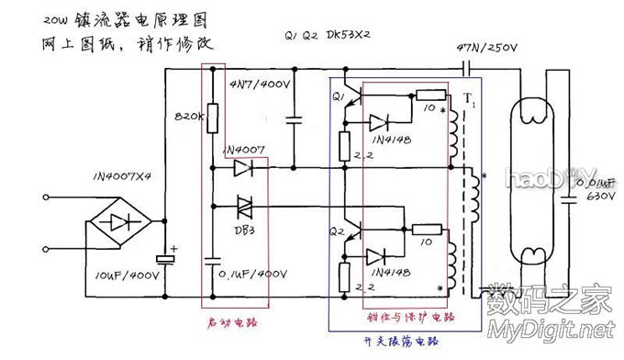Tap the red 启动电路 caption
click(234, 322)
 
